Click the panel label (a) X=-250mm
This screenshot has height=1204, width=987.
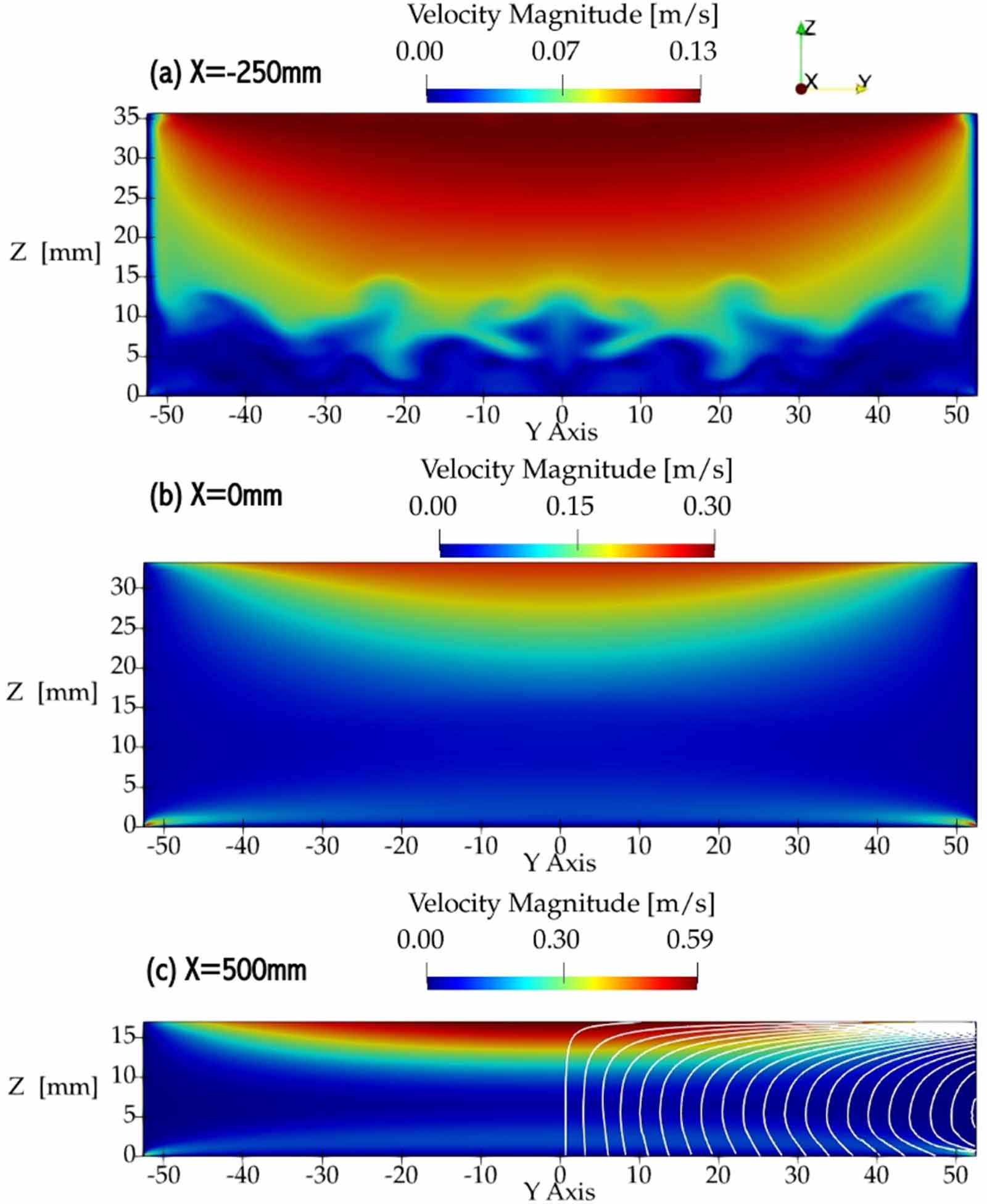235,73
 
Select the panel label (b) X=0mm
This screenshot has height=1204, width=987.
215,496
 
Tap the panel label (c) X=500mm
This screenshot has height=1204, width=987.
226,969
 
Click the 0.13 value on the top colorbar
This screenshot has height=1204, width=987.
693,51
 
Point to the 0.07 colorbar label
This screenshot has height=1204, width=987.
555,51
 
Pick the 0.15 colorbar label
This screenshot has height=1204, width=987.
569,506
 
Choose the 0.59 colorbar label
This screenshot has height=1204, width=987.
690,939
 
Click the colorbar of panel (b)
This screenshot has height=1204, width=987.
577,550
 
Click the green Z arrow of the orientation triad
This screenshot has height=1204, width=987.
801,28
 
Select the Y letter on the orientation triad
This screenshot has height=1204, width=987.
865,81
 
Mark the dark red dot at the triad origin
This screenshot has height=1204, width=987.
801,89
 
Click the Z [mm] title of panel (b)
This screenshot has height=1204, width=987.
52,692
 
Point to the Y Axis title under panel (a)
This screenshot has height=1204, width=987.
561,432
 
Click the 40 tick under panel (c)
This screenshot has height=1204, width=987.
876,1174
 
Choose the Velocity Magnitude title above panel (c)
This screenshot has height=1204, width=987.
561,904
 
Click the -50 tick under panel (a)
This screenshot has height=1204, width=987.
167,415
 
